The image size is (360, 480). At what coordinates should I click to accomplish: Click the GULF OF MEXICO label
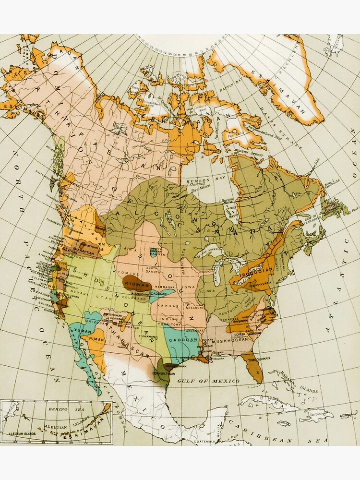coord(208,381)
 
